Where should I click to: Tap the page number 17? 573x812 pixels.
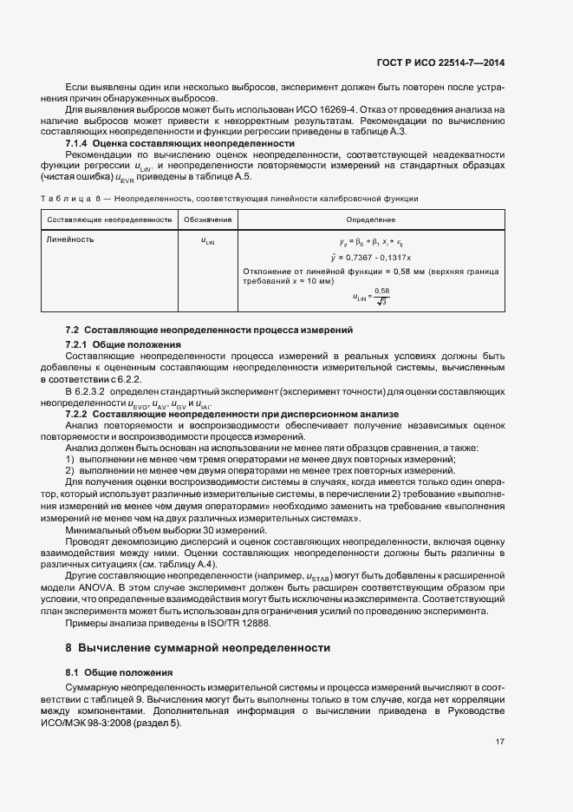point(500,742)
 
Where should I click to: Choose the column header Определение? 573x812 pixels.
point(370,220)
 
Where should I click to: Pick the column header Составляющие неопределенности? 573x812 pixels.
point(108,220)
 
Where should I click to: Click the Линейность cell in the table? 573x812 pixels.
point(71,239)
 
